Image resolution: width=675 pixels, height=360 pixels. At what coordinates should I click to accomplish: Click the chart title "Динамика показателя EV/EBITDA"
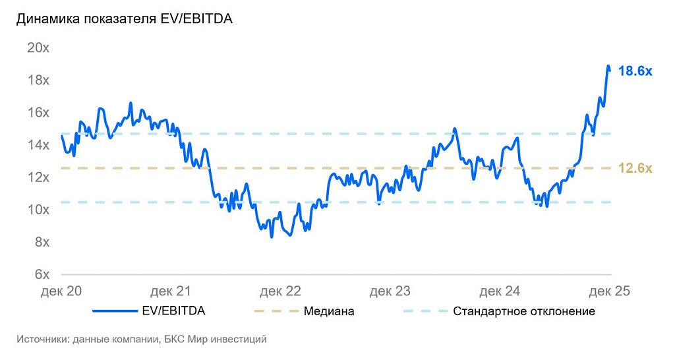(125, 19)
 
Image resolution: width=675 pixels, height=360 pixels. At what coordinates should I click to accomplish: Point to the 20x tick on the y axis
(38, 47)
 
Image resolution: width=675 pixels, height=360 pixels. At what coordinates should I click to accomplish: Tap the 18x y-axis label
(38, 80)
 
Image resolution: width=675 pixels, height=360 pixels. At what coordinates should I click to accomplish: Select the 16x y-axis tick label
(38, 112)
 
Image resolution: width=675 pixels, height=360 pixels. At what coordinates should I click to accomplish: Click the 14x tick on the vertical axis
(38, 144)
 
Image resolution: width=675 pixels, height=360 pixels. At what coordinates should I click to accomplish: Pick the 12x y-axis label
(38, 177)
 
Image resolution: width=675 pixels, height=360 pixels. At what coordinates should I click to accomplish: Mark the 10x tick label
(38, 209)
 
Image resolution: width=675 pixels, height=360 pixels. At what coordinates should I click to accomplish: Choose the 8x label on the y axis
(41, 241)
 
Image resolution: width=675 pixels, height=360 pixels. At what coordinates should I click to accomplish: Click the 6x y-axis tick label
(41, 274)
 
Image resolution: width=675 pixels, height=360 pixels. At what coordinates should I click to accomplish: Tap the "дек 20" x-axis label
(61, 291)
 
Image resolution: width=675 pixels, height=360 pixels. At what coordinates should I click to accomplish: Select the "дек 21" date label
(171, 291)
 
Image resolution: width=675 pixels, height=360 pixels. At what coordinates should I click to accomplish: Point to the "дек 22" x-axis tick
(281, 291)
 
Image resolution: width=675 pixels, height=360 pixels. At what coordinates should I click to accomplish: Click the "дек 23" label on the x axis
(390, 291)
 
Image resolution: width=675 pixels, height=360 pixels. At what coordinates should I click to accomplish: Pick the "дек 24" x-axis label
(500, 291)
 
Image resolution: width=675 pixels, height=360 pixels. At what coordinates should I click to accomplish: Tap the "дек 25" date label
(610, 291)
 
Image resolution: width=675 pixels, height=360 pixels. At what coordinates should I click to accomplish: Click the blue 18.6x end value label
(635, 71)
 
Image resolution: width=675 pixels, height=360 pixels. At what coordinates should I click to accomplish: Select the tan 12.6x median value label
(635, 169)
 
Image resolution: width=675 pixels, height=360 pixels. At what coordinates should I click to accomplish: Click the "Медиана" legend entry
(329, 311)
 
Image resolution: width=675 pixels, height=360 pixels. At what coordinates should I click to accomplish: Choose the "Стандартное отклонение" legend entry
(524, 311)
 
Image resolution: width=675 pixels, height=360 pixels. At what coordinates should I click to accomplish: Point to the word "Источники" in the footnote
(44, 340)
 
